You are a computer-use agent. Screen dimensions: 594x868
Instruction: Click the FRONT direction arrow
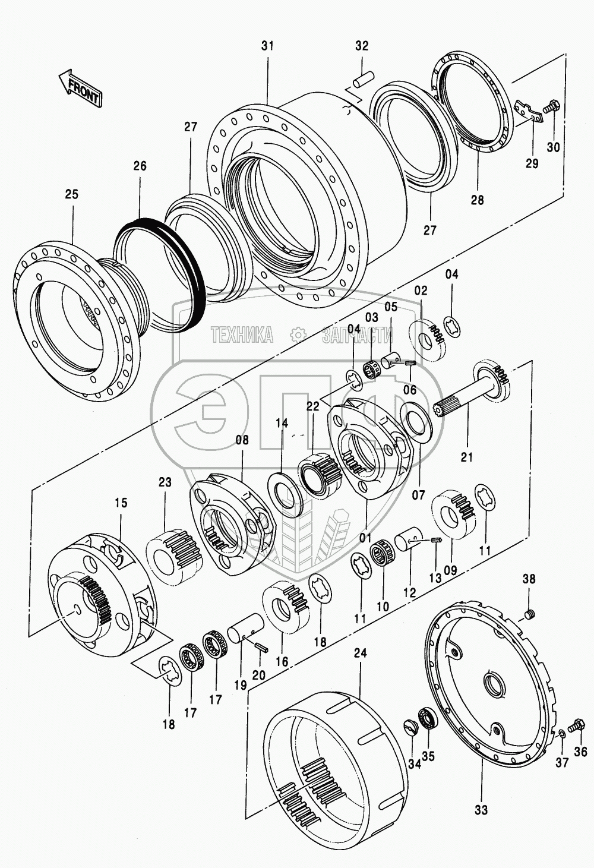pyautogui.click(x=80, y=87)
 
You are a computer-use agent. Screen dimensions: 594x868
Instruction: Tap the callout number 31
pyautogui.click(x=267, y=46)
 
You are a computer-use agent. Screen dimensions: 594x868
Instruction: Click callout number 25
pyautogui.click(x=72, y=194)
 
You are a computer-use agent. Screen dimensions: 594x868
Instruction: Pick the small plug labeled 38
pyautogui.click(x=529, y=624)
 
